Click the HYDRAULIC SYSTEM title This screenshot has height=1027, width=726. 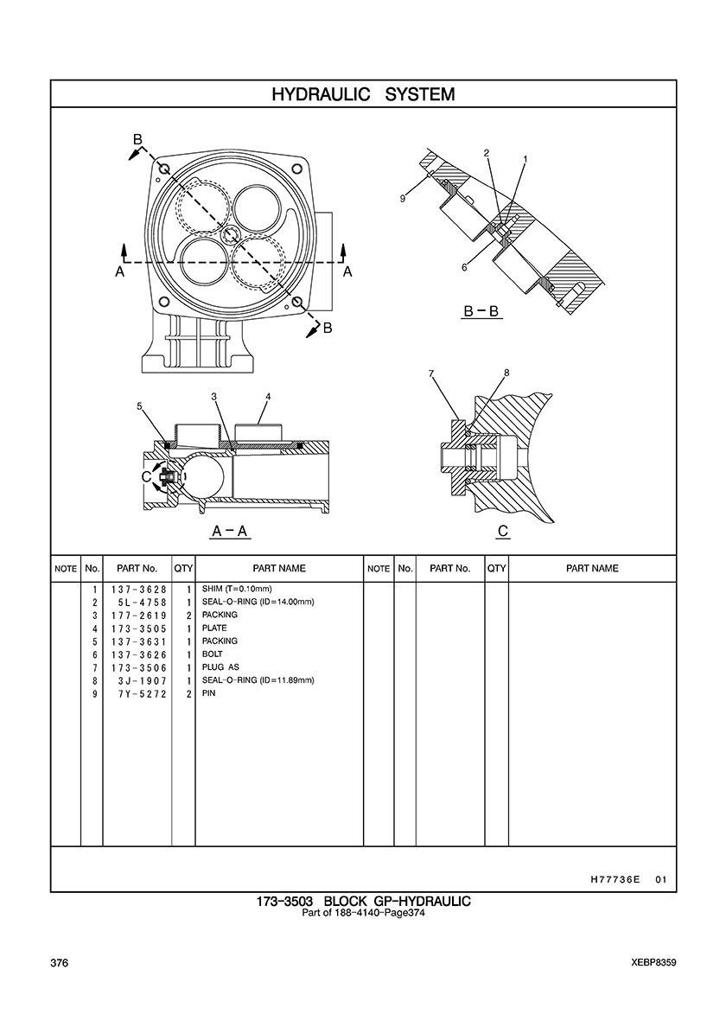363,94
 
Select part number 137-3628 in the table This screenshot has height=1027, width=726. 139,590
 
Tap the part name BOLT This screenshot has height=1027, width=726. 212,654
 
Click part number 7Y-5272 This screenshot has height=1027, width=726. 142,693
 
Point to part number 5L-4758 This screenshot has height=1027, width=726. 142,603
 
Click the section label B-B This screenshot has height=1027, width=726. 481,312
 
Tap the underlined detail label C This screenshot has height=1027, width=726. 503,531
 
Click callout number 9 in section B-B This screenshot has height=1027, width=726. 404,199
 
